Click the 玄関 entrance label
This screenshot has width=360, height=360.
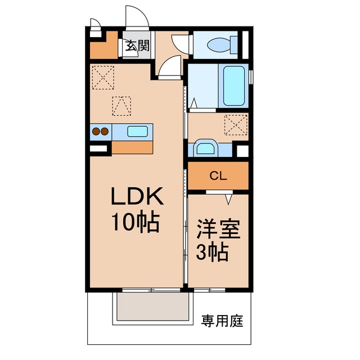(x=137, y=46)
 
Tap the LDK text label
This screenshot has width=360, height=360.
(x=137, y=196)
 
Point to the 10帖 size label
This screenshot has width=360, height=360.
(x=136, y=221)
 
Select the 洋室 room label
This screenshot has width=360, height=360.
(x=218, y=229)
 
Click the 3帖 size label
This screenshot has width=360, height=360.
(x=213, y=252)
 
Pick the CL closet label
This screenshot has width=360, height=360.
(x=218, y=176)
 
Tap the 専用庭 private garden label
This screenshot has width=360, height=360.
(x=222, y=321)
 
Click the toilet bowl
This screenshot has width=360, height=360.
(x=219, y=44)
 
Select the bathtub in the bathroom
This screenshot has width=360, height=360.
(x=234, y=86)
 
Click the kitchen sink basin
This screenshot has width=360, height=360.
(x=137, y=132)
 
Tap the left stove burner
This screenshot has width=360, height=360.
(x=96, y=132)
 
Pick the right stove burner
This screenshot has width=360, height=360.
(x=105, y=132)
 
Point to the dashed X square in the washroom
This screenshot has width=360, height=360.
(x=236, y=125)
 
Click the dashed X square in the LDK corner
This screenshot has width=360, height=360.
(x=103, y=78)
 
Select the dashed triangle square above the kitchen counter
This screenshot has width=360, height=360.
(x=121, y=106)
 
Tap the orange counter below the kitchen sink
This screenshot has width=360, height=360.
(x=132, y=147)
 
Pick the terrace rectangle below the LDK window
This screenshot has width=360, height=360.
(x=152, y=307)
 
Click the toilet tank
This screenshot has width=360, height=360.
(x=234, y=44)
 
